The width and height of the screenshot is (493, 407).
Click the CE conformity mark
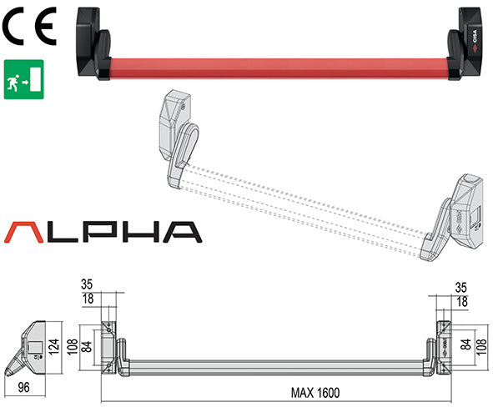28,28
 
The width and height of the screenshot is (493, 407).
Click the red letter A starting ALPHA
27,230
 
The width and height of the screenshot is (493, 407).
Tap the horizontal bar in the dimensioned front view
275,365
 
